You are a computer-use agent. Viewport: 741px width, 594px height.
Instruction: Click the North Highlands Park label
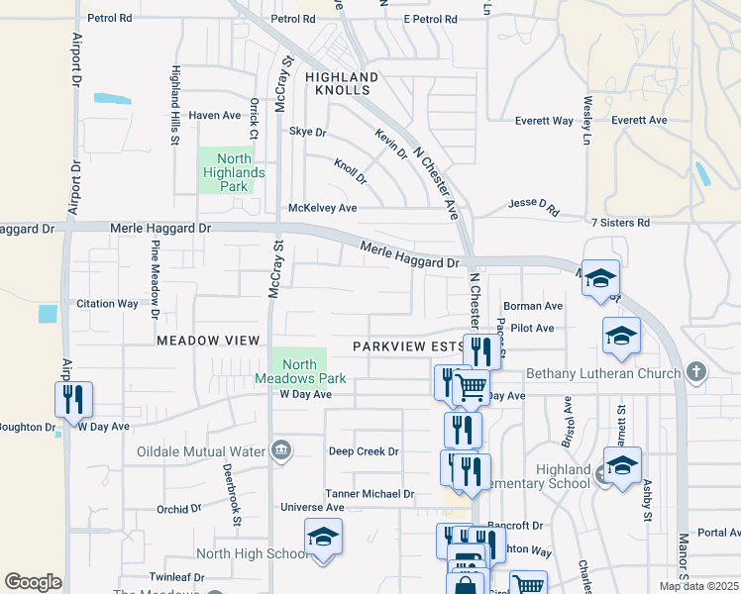pyautogui.click(x=227, y=172)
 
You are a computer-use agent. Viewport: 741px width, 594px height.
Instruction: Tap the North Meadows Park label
pyautogui.click(x=299, y=371)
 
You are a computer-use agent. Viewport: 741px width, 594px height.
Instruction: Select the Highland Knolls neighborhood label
pyautogui.click(x=342, y=83)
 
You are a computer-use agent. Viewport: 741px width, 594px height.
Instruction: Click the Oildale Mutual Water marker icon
pyautogui.click(x=281, y=452)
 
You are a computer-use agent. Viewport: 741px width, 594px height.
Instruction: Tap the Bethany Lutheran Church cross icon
pyautogui.click(x=696, y=373)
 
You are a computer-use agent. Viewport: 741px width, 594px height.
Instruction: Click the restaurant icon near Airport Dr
pyautogui.click(x=73, y=399)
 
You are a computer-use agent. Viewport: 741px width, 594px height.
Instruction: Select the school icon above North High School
pyautogui.click(x=323, y=537)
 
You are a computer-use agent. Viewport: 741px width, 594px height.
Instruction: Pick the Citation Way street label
pyautogui.click(x=107, y=304)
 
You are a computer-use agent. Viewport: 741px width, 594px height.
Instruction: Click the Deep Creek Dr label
pyautogui.click(x=364, y=451)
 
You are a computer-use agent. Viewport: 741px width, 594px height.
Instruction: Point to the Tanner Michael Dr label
pyautogui.click(x=370, y=494)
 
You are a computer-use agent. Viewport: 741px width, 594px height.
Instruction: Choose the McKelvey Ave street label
pyautogui.click(x=322, y=209)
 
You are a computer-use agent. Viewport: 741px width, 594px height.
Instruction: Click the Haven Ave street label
pyautogui.click(x=215, y=116)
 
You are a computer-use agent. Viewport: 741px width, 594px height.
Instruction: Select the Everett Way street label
pyautogui.click(x=544, y=121)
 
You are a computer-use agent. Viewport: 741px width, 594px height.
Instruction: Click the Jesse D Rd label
pyautogui.click(x=534, y=206)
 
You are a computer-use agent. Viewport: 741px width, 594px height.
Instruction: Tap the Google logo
pyautogui.click(x=33, y=582)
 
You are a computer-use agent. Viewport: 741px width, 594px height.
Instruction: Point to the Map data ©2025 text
pyautogui.click(x=698, y=586)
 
